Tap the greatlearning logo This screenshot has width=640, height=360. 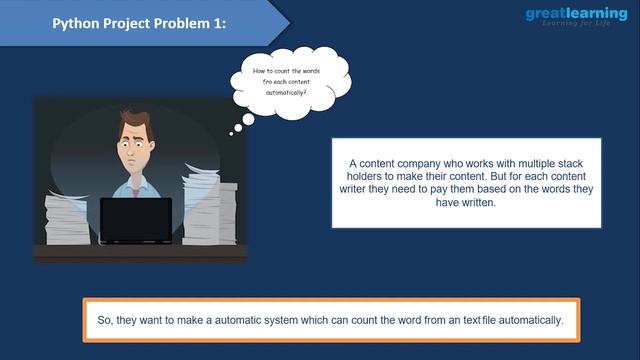[576, 14]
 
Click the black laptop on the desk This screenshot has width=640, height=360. [135, 221]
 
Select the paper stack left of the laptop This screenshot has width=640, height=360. [68, 218]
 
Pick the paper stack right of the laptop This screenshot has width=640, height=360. [207, 210]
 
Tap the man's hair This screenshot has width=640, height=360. [136, 122]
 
